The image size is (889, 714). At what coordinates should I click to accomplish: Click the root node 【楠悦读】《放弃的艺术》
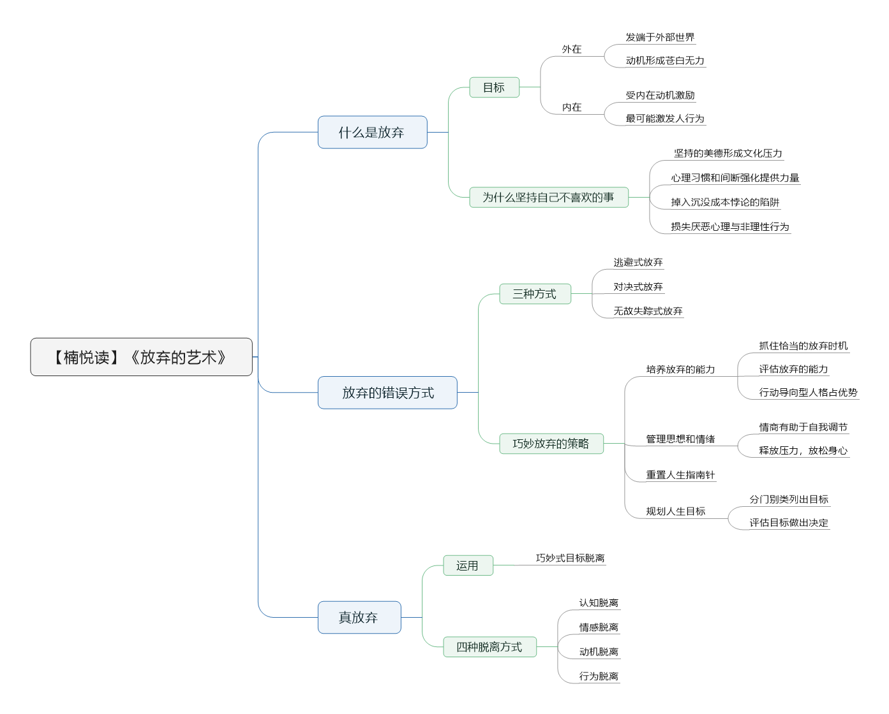click(141, 357)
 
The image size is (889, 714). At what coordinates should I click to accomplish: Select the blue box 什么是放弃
click(372, 132)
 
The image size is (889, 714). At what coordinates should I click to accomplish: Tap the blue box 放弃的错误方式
click(387, 393)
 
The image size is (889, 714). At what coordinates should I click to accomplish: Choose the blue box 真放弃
click(359, 617)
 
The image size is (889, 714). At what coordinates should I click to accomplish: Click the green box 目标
click(494, 87)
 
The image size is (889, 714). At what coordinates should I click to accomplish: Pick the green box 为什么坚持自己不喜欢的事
click(549, 197)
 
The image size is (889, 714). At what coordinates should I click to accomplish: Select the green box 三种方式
click(535, 294)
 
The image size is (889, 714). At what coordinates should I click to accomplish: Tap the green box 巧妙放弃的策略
click(551, 444)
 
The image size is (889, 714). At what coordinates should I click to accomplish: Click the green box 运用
click(468, 565)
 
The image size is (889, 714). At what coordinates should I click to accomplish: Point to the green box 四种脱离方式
click(489, 646)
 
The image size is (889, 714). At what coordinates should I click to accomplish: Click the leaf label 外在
click(572, 50)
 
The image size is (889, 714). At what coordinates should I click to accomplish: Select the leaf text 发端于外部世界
click(660, 38)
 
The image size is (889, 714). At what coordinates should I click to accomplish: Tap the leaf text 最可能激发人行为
click(665, 119)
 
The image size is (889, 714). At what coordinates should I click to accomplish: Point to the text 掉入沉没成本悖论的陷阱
click(725, 202)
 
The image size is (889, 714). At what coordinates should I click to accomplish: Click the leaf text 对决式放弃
click(638, 287)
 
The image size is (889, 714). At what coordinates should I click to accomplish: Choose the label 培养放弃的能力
click(680, 369)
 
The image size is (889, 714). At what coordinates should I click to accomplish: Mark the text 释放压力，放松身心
click(803, 451)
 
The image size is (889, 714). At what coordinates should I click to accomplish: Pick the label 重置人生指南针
click(680, 475)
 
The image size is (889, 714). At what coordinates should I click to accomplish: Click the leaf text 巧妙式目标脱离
click(570, 558)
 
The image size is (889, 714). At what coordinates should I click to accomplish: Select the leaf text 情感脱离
click(599, 627)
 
